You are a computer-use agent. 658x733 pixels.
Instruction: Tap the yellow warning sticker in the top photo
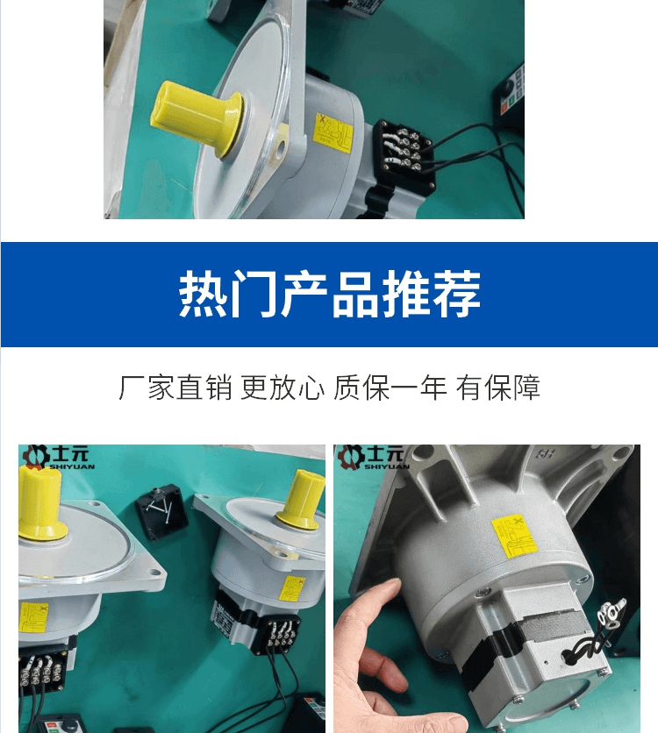333,133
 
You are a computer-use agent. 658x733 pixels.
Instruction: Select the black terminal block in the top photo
405,154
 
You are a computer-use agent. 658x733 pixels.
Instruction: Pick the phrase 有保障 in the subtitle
498,387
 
